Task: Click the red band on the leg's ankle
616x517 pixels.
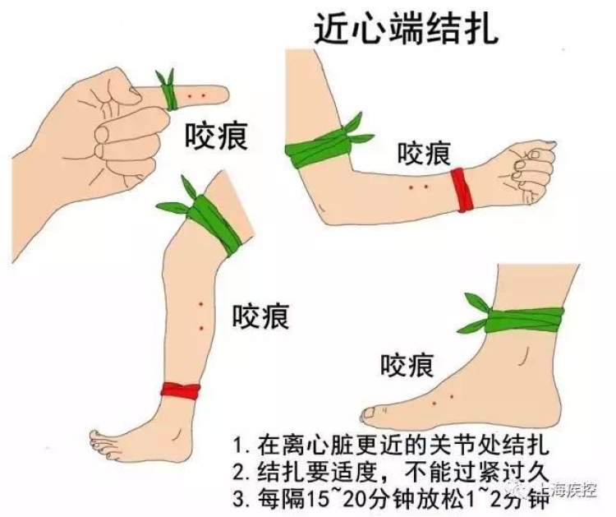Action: [181, 391]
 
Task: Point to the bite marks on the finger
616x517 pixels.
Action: [195, 97]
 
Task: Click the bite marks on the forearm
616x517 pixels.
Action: [419, 188]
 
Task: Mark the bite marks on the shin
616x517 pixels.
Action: [200, 316]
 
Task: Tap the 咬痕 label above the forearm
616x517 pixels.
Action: [423, 153]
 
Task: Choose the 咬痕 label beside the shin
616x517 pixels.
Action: [260, 316]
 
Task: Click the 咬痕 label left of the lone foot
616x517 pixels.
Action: [406, 363]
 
